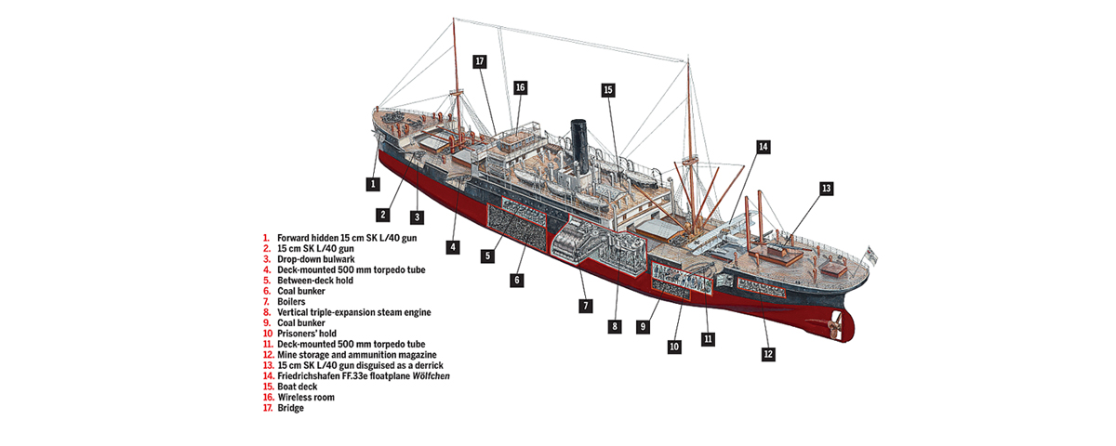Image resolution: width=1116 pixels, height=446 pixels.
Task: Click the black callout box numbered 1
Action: (373, 184)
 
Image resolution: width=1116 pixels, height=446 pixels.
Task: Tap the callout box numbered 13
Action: (826, 189)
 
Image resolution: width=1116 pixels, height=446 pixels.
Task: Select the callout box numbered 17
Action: (480, 62)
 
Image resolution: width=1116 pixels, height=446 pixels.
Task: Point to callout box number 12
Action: (767, 354)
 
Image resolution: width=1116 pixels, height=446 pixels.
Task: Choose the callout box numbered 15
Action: (608, 90)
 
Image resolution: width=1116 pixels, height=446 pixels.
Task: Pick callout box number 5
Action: (488, 255)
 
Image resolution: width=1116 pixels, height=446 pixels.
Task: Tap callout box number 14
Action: (763, 147)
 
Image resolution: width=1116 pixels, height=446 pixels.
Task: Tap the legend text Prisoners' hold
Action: (306, 334)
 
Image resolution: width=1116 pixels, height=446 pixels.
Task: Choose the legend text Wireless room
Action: (307, 397)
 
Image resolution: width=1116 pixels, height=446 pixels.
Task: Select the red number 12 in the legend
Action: (268, 355)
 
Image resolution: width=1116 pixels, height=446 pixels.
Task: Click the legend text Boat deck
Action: (299, 387)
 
